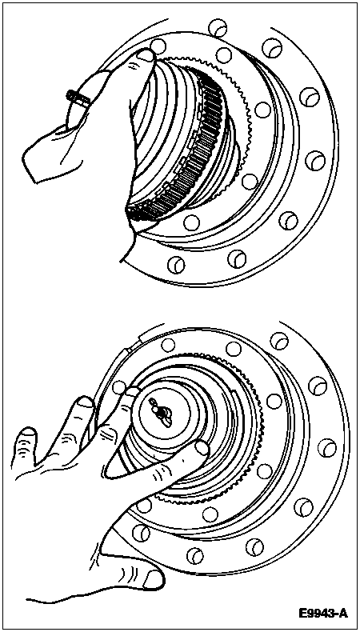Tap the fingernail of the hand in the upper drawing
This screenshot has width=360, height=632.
click(x=145, y=55)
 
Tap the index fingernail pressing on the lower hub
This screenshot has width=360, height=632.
click(x=202, y=448)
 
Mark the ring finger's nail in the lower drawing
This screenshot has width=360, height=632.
click(x=85, y=402)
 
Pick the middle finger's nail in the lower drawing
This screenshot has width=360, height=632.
click(x=132, y=391)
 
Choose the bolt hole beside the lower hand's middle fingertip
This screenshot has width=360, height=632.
click(x=118, y=388)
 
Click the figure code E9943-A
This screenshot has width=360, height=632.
click(x=323, y=613)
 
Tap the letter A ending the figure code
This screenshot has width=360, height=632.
click(x=342, y=613)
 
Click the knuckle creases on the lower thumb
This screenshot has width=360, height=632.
click(x=128, y=573)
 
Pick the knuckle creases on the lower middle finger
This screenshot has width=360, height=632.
click(x=107, y=434)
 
